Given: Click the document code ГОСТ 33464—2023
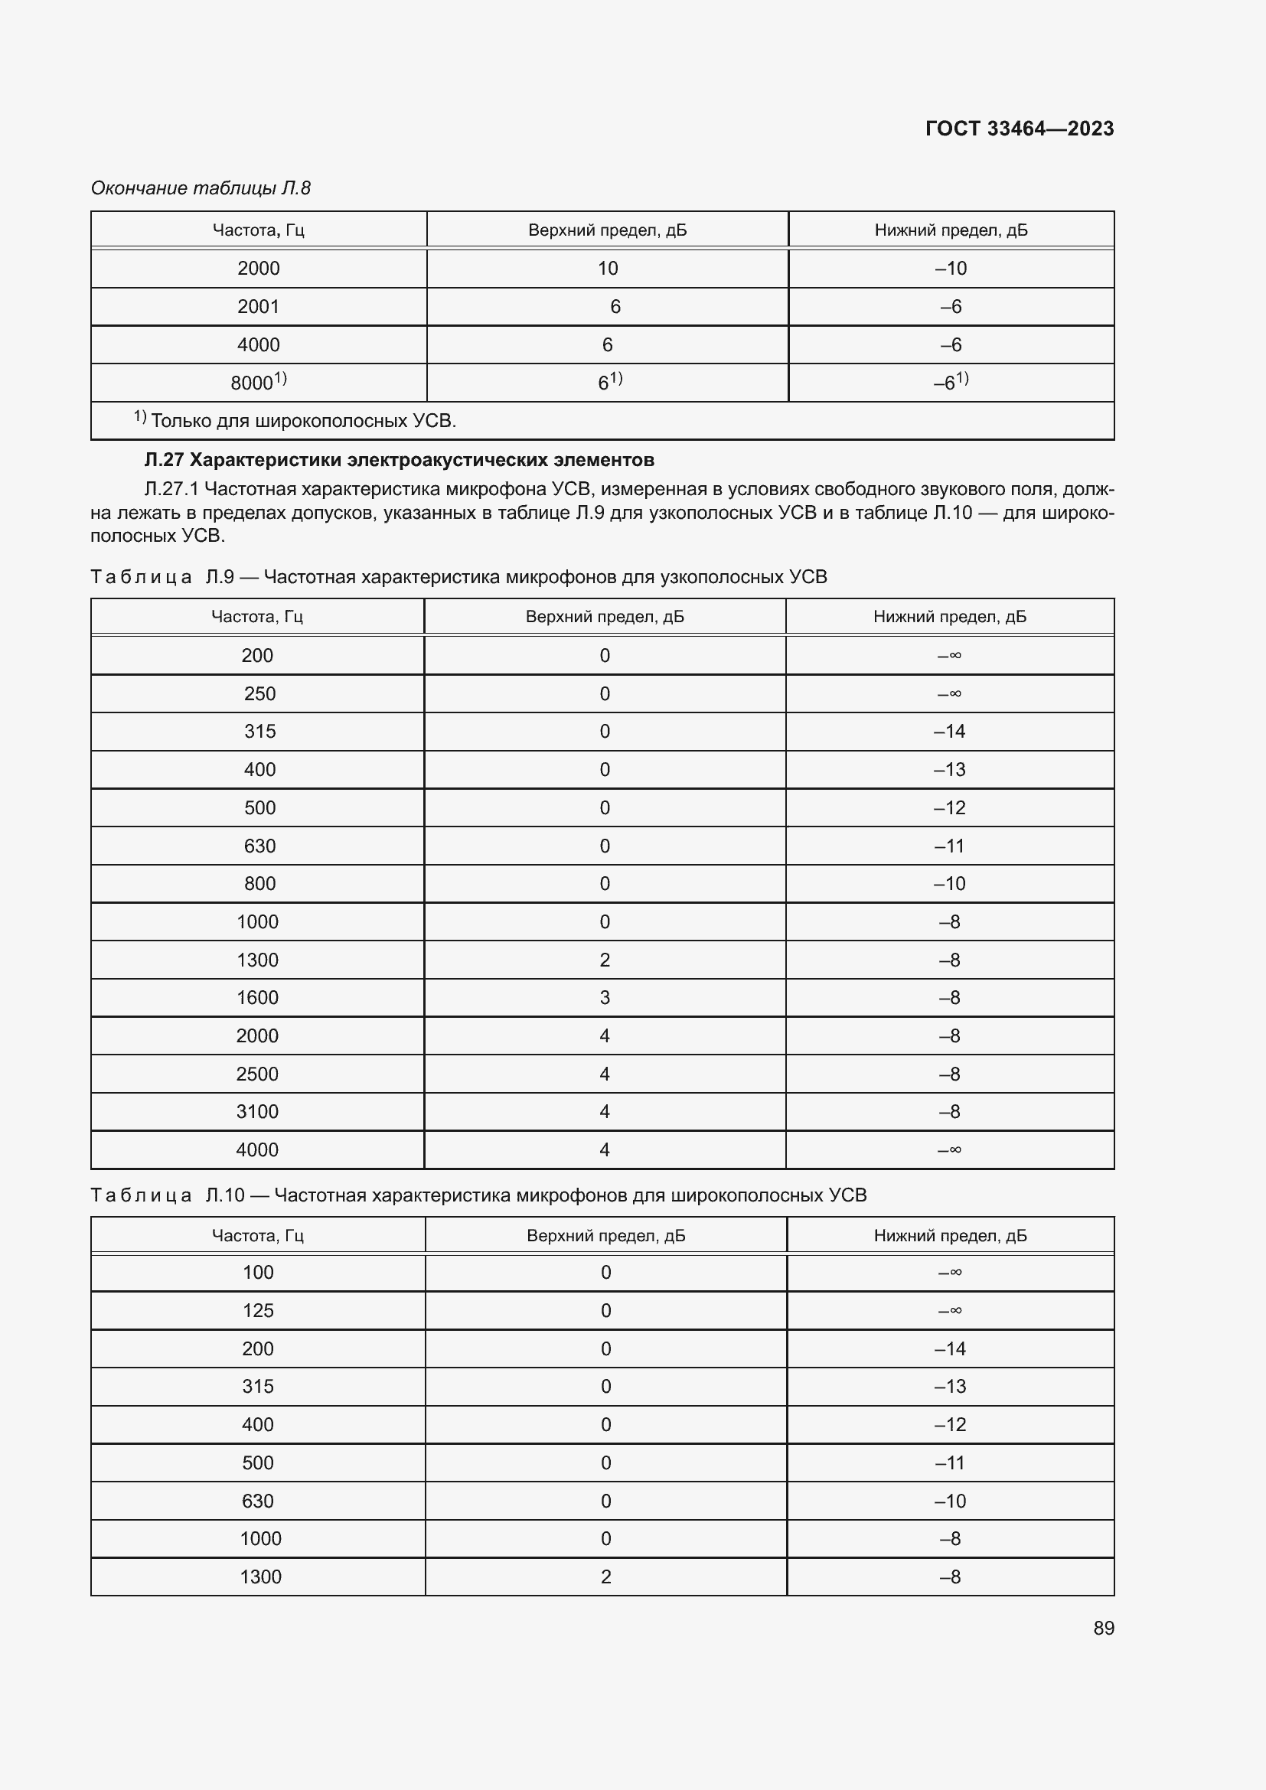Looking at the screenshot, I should pos(1019,129).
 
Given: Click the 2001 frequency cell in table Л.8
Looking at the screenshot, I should pos(258,306).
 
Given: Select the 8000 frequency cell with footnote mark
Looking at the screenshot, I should pos(258,382).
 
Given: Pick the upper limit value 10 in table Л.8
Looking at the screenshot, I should pos(607,268).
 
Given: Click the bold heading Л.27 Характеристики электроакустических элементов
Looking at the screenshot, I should pos(399,460).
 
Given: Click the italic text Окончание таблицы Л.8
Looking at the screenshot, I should pos(201,188).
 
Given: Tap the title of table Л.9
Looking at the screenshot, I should pos(458,577).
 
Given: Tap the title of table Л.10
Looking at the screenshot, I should pos(478,1195).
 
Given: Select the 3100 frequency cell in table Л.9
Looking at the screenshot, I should pos(257,1111).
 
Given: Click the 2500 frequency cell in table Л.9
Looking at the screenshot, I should pos(257,1074).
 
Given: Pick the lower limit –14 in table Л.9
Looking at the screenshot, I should pos(949,732).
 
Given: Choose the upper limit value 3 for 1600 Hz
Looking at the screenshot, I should pos(604,997).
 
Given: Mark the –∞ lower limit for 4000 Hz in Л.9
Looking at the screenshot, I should pos(949,1149).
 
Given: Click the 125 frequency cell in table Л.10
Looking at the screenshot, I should pos(258,1310).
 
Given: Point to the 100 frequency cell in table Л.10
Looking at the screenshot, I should pos(258,1273).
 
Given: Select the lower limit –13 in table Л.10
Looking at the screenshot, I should pos(949,1386).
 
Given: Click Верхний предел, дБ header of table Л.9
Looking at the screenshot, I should pos(604,617).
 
